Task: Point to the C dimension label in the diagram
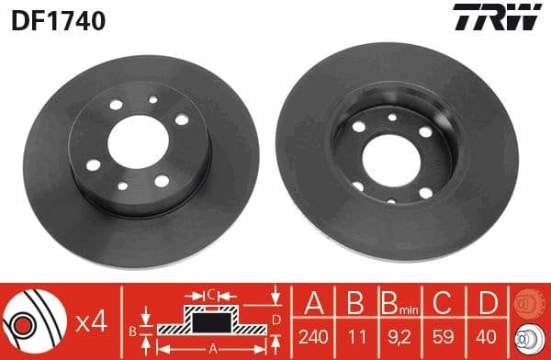210,296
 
